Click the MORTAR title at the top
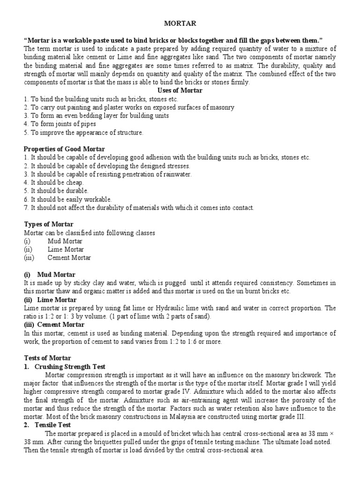[x=180, y=22]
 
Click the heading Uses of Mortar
[x=180, y=90]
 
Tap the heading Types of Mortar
[x=49, y=225]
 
